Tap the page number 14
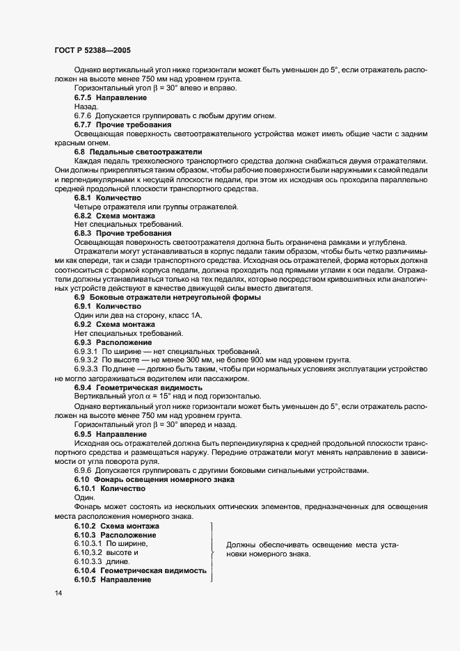[x=58, y=593]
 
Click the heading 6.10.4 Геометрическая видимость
[x=140, y=570]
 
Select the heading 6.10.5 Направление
[x=112, y=579]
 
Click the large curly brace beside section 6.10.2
[x=212, y=553]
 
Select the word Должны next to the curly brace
[x=241, y=545]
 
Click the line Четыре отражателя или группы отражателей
[x=156, y=207]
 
